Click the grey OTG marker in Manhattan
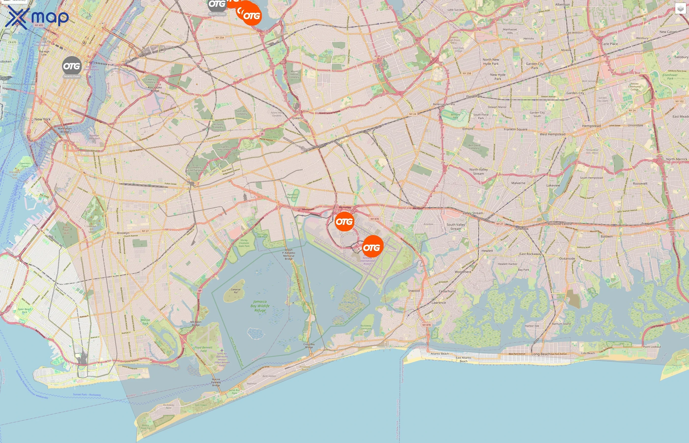click(x=72, y=66)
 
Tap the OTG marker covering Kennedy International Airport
click(x=372, y=247)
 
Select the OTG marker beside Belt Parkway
click(x=344, y=221)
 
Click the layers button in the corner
click(x=680, y=9)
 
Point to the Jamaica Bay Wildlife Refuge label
click(x=260, y=306)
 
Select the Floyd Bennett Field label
click(x=203, y=349)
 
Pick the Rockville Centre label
click(x=560, y=224)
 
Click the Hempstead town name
click(x=591, y=126)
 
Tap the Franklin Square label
click(x=515, y=129)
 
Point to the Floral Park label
click(x=474, y=97)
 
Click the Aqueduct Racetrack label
click(x=292, y=196)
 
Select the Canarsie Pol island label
click(x=235, y=291)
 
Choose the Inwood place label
click(x=414, y=291)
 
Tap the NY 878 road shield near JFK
click(x=375, y=219)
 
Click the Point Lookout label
click(x=652, y=347)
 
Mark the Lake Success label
click(x=455, y=10)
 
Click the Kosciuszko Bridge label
click(x=155, y=89)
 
